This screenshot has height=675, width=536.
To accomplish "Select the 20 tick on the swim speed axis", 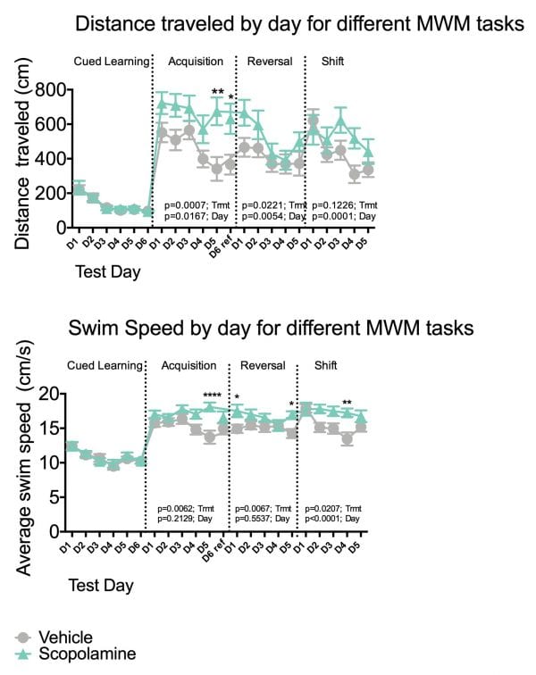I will tap(50, 393).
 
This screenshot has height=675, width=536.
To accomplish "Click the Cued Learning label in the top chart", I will tap(110, 61).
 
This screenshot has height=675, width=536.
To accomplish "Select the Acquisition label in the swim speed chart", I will tap(188, 365).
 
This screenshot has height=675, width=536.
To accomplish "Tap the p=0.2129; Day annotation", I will tap(189, 518).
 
